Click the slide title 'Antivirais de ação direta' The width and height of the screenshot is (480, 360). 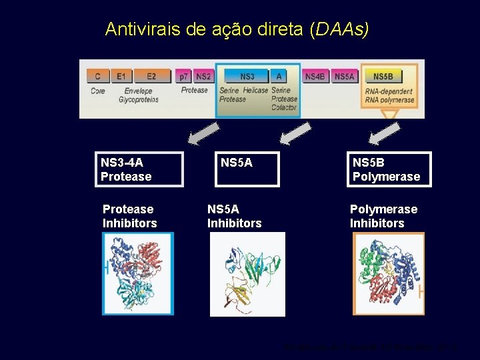[237, 29]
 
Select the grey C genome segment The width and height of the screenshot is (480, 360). [98, 77]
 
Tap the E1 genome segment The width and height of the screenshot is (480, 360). [121, 77]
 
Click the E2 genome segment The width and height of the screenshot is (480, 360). [151, 77]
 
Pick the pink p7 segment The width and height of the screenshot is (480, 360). [183, 77]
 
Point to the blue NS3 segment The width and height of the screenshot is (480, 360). [247, 77]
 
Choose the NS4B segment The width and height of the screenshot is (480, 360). [315, 77]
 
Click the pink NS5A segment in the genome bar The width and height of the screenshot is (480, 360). [344, 77]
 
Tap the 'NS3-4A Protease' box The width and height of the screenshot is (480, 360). [139, 169]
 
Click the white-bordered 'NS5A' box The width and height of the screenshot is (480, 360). [247, 169]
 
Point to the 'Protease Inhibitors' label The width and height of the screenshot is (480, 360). [129, 216]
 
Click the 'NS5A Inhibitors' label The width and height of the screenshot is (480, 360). [234, 216]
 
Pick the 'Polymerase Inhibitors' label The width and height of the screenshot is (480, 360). [383, 216]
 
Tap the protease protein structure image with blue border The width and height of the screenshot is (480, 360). [138, 273]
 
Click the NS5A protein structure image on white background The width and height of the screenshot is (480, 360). [247, 274]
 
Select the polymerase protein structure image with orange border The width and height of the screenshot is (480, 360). [389, 273]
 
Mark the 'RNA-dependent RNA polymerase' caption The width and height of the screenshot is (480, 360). [389, 96]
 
